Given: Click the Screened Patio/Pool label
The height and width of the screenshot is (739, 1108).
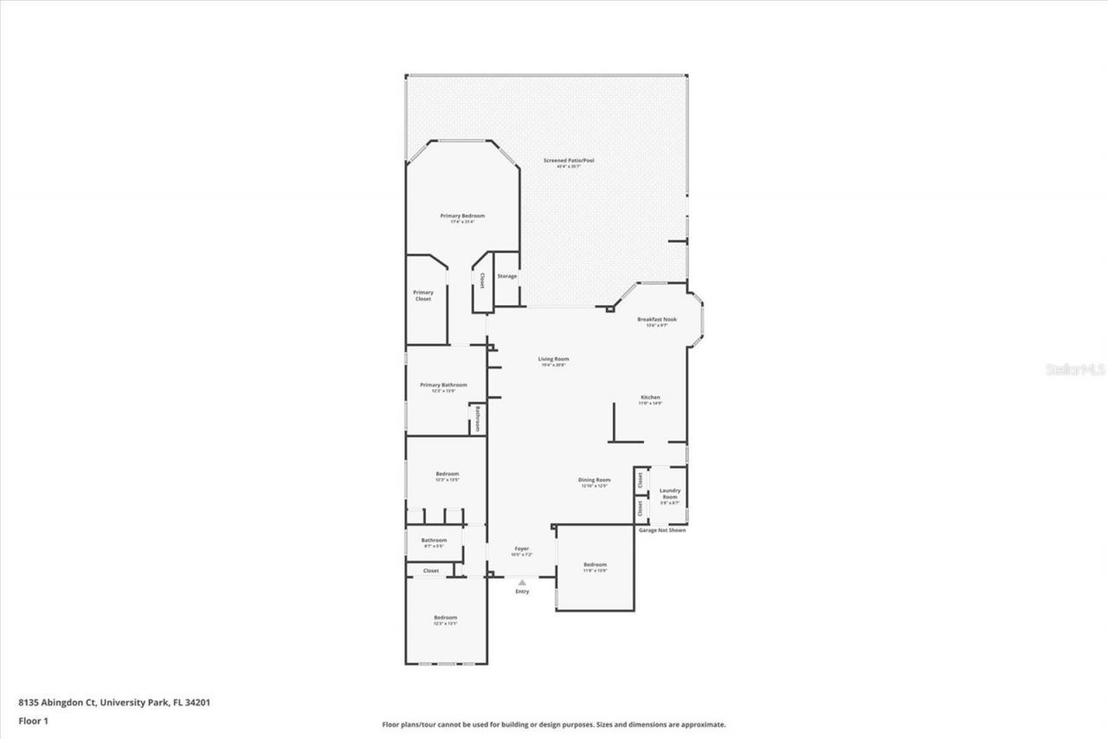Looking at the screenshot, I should tap(569, 160).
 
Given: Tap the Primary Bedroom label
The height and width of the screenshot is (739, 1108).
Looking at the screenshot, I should tap(462, 216).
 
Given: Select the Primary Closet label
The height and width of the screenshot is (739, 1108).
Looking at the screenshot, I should tap(423, 295).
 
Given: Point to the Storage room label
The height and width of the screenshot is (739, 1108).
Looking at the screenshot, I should tap(506, 276).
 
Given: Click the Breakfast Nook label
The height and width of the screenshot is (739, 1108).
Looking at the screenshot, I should tap(657, 320).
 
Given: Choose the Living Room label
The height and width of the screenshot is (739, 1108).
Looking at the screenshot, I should tap(553, 360).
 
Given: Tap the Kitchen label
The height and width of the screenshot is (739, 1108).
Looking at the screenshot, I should tap(650, 398).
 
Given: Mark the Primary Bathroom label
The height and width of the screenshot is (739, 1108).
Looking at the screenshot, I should tap(443, 386).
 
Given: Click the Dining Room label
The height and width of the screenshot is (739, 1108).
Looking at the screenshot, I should tap(595, 480).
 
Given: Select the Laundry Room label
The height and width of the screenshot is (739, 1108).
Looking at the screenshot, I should tap(670, 494).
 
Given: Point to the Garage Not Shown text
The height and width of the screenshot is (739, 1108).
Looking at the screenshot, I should tap(662, 530).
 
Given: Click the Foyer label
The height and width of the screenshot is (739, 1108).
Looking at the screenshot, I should tap(521, 548).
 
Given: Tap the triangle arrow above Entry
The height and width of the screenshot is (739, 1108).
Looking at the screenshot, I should tap(522, 583).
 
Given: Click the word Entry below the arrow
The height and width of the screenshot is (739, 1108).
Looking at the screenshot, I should tap(522, 592).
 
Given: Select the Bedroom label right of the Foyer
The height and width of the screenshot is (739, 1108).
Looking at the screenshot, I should tap(595, 565).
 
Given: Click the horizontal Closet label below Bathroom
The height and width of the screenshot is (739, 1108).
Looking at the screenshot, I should tap(431, 571).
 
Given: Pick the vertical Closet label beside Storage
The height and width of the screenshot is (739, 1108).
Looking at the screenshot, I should tap(482, 281).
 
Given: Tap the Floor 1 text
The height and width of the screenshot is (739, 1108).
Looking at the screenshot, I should tap(34, 720).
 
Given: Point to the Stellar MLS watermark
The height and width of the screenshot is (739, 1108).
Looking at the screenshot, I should tap(1076, 369).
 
